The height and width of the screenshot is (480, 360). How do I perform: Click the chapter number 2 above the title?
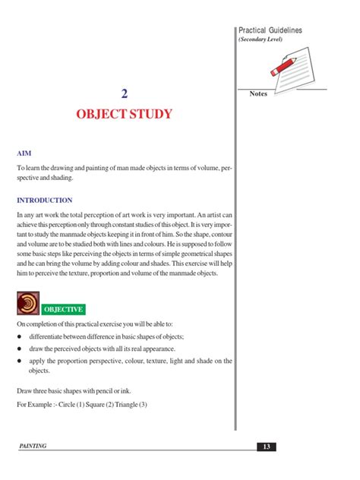click(124, 94)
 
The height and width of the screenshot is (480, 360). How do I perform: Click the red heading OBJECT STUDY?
click(124, 115)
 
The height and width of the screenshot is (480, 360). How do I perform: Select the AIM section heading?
click(24, 153)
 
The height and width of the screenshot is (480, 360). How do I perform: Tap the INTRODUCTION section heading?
click(44, 201)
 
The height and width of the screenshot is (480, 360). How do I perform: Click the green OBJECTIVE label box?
click(63, 309)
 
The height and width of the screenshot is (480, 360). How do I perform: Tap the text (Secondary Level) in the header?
click(261, 39)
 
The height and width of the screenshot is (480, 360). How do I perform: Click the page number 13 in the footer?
click(267, 446)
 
